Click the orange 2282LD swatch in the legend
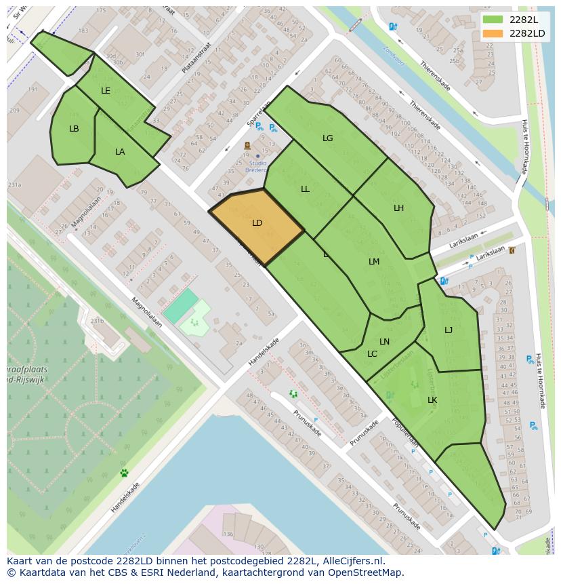[x=493, y=33]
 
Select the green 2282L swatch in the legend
[x=493, y=20]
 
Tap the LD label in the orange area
[x=257, y=223]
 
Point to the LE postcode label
[x=106, y=91]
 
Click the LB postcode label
[x=74, y=129]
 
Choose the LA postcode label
[x=120, y=152]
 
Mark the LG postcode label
[x=328, y=138]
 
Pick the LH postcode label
[x=398, y=208]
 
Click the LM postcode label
[x=374, y=262]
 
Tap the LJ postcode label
[x=449, y=330]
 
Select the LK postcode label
[x=432, y=400]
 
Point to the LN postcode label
[x=385, y=342]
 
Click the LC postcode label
[x=372, y=354]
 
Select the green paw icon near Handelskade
[x=124, y=473]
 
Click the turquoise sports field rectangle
[x=181, y=306]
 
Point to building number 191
[x=32, y=90]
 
